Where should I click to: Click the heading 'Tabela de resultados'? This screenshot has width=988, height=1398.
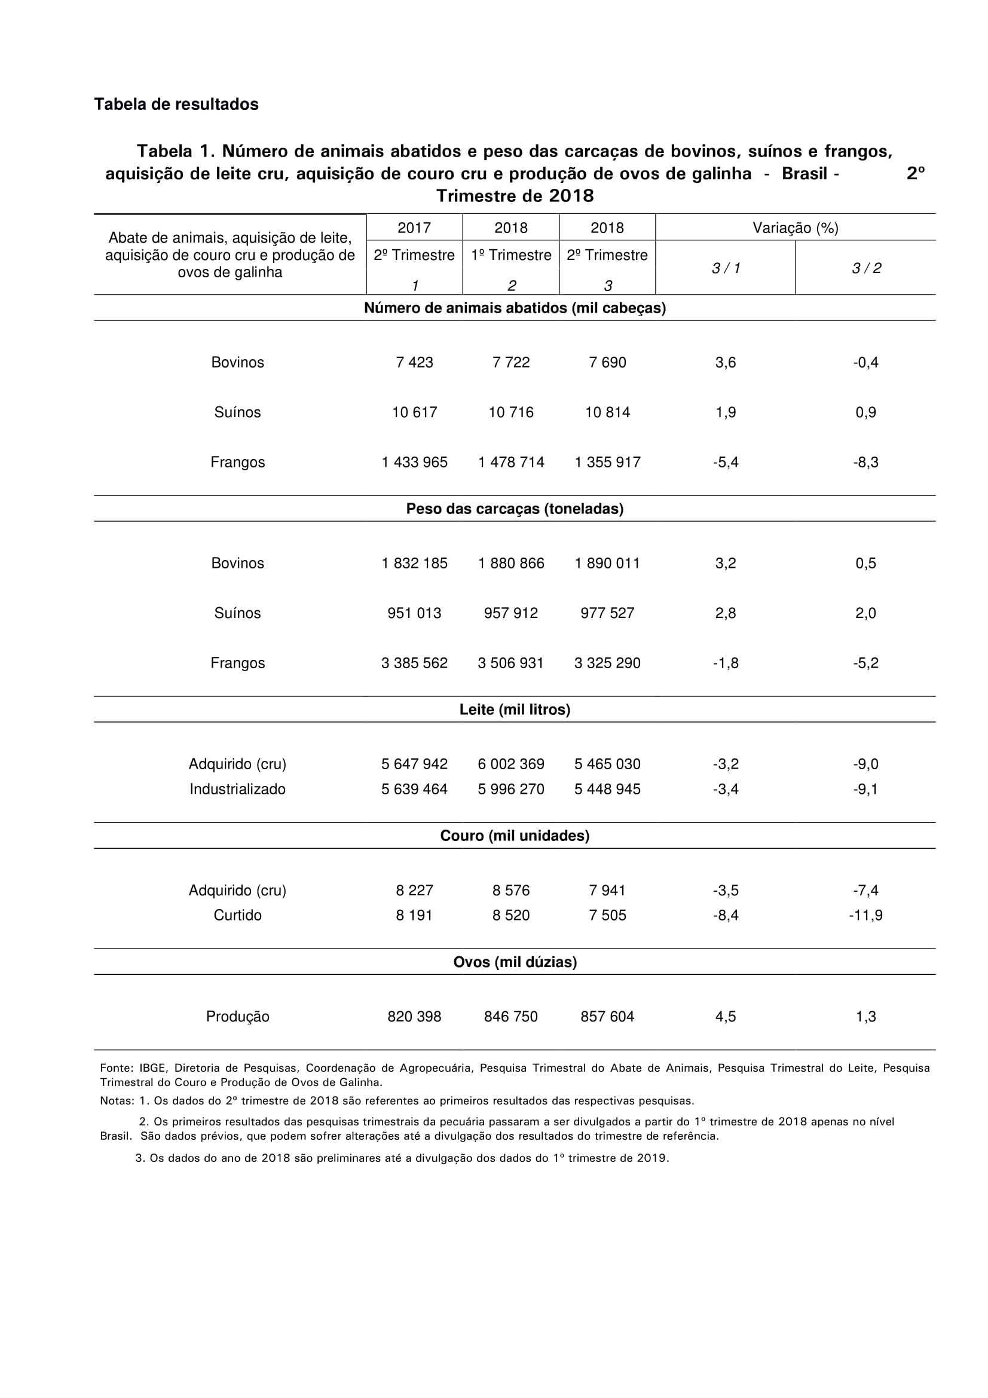tap(176, 104)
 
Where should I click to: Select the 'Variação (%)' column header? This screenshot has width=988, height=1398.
tap(795, 228)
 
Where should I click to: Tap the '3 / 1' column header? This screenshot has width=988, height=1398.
tap(726, 268)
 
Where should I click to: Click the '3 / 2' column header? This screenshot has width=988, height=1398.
tap(865, 268)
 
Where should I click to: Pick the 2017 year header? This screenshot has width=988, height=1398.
tap(414, 228)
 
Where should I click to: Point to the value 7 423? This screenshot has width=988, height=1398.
tap(414, 362)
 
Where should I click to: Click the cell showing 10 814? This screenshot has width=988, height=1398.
tap(607, 412)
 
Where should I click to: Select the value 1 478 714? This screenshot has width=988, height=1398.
tap(511, 462)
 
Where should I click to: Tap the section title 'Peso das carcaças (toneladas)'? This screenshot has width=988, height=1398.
tap(515, 509)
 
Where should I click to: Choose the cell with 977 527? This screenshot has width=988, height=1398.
tap(607, 613)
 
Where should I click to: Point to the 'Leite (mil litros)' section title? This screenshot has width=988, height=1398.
tap(515, 709)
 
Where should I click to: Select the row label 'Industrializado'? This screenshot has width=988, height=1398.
tap(237, 789)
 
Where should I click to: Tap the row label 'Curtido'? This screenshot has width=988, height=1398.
tap(237, 915)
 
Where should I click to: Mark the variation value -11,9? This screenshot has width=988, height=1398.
tap(865, 915)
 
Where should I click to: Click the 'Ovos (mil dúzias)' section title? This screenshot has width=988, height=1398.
tap(515, 962)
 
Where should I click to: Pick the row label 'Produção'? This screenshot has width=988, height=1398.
tap(237, 1016)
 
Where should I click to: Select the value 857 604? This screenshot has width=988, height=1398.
tap(607, 1016)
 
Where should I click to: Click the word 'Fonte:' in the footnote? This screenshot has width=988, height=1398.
tap(117, 1068)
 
